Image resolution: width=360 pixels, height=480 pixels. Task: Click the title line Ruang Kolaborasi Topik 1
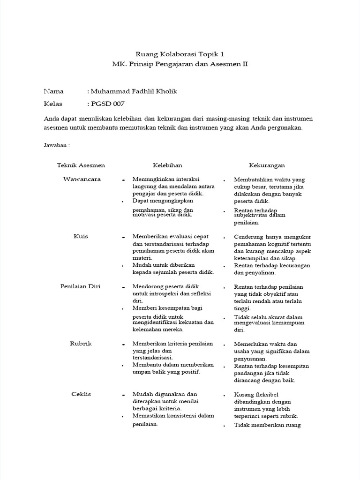(180, 54)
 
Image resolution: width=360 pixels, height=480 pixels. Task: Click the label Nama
(53, 91)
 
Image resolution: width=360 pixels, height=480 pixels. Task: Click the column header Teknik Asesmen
(81, 165)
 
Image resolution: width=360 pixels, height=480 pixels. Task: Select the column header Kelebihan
(167, 165)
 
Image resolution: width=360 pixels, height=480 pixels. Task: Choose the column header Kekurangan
(267, 165)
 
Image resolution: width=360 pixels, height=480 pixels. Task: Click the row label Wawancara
(82, 179)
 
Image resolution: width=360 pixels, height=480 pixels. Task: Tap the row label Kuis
(81, 236)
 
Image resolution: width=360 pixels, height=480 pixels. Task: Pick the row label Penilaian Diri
(81, 286)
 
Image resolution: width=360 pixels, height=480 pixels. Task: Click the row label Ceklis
(82, 394)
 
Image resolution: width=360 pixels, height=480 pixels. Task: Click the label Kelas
(53, 104)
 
